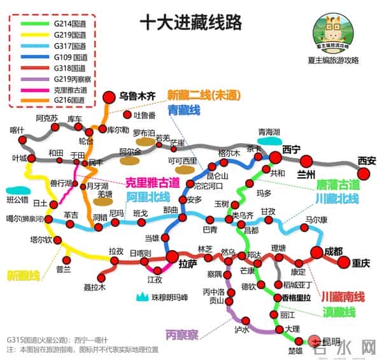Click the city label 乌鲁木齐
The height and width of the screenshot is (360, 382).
(138, 96)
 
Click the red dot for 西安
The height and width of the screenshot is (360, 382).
(364, 173)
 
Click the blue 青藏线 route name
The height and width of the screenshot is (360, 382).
(184, 110)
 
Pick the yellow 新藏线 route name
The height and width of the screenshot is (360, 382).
(24, 275)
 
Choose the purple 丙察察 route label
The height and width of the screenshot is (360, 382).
(181, 334)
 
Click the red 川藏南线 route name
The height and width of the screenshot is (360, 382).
(343, 296)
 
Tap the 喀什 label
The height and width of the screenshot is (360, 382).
(17, 130)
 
